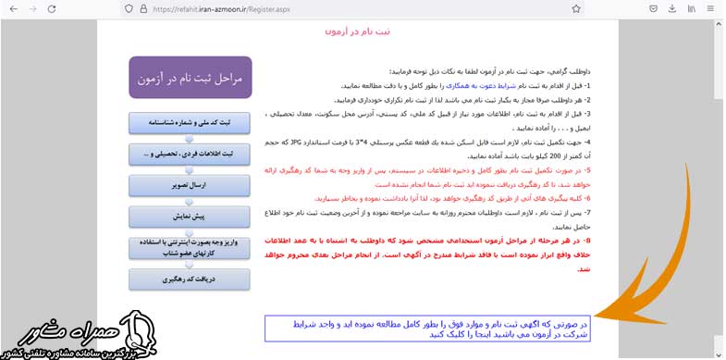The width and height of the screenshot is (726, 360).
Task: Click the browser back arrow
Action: pos(12,8)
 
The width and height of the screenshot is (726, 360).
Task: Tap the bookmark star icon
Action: pos(576,8)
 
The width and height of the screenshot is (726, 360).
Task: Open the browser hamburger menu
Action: pos(712,8)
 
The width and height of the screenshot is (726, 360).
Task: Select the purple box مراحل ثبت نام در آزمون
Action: pos(191,80)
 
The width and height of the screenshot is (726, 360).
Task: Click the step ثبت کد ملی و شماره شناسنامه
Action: pos(191,122)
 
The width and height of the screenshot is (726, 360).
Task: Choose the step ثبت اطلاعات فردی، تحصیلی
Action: pos(191,153)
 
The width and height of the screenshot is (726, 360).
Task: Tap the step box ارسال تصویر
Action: pos(191,184)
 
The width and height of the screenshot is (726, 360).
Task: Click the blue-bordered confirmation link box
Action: pos(425,329)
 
